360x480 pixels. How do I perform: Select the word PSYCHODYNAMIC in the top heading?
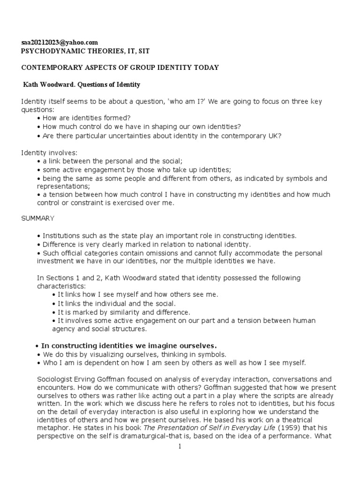(51, 51)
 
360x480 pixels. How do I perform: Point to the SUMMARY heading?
(38, 218)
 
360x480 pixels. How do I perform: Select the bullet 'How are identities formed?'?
(79, 118)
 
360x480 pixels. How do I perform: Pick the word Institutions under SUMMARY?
(61, 236)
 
